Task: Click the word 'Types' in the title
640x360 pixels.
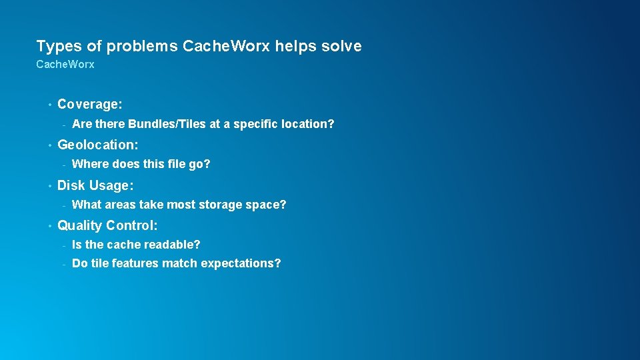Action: click(x=54, y=46)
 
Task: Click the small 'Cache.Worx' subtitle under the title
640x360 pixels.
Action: click(x=65, y=65)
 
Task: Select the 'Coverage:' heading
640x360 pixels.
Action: click(x=90, y=104)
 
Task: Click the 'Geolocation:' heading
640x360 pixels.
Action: click(x=98, y=145)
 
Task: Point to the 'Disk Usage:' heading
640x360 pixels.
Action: click(x=95, y=185)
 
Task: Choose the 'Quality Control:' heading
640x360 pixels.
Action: click(x=107, y=225)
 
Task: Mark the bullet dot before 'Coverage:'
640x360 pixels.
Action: click(x=49, y=105)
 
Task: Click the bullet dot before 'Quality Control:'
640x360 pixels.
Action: click(x=49, y=226)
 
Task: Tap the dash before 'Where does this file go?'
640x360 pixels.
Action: click(x=63, y=165)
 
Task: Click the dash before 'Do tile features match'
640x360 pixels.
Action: click(x=63, y=264)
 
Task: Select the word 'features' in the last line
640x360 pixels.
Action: click(x=133, y=263)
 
